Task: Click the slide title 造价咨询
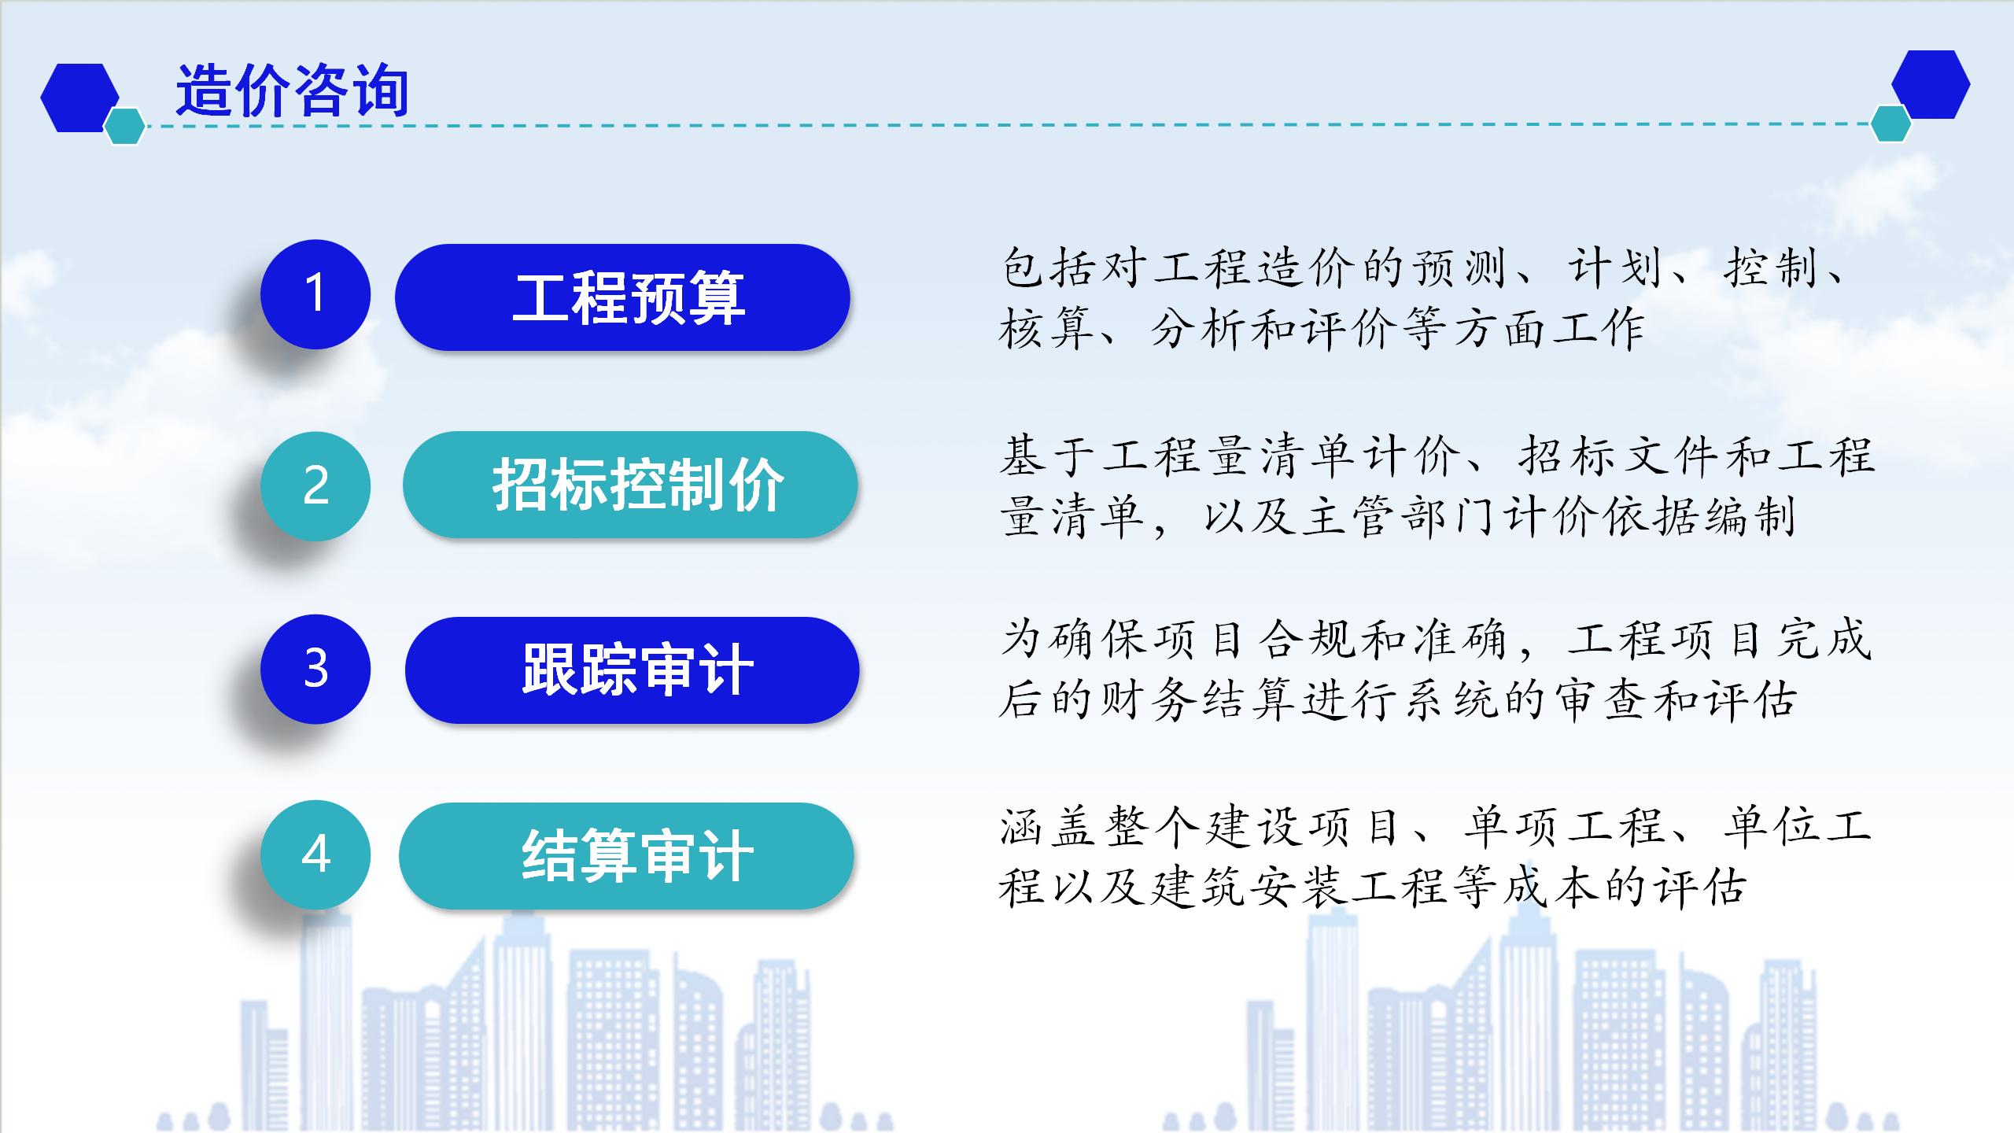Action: [x=292, y=91]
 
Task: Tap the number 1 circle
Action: [x=315, y=294]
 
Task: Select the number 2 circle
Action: [x=315, y=486]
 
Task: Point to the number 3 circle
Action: [x=315, y=669]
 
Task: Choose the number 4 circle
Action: [x=315, y=855]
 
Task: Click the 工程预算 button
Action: [x=622, y=297]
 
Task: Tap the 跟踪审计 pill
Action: [x=633, y=670]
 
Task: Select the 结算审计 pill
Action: [x=626, y=856]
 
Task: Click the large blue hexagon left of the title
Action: [x=79, y=98]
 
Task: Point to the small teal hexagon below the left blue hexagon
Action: [x=125, y=126]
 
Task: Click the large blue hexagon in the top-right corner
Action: [x=1931, y=84]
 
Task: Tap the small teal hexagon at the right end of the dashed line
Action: [x=1890, y=124]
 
